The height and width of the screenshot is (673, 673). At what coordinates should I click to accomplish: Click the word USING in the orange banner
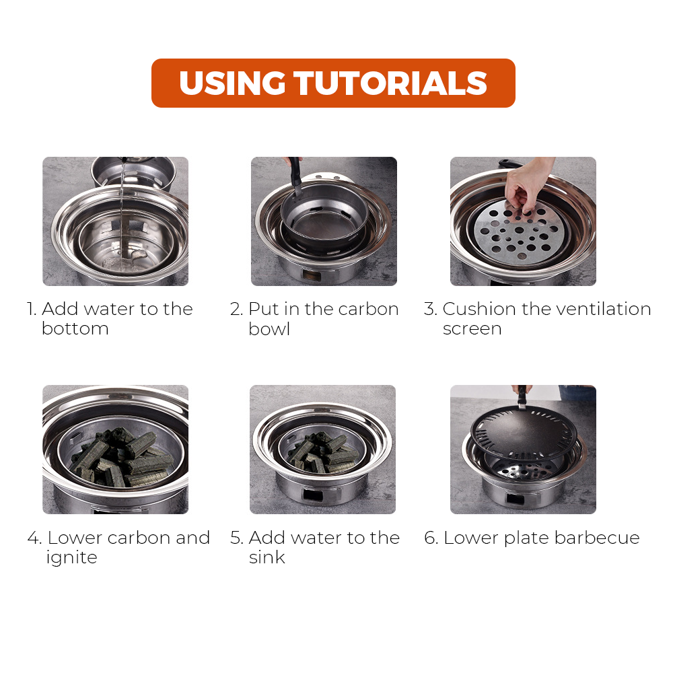[x=232, y=83]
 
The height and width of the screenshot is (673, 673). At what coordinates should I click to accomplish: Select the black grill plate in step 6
[x=523, y=431]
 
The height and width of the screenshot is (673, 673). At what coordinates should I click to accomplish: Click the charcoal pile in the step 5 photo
[x=324, y=454]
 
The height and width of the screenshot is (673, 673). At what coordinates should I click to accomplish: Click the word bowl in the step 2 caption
[x=269, y=329]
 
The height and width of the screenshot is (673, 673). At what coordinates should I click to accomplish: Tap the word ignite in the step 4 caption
[x=72, y=557]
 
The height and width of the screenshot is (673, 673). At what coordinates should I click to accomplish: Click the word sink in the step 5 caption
[x=267, y=557]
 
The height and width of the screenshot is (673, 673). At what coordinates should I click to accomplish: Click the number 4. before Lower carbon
[x=35, y=538]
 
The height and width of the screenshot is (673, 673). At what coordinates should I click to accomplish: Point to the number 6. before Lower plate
[x=431, y=538]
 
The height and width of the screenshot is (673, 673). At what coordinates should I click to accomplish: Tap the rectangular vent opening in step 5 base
[x=313, y=495]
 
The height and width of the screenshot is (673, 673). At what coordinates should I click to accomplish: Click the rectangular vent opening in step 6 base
[x=515, y=499]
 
